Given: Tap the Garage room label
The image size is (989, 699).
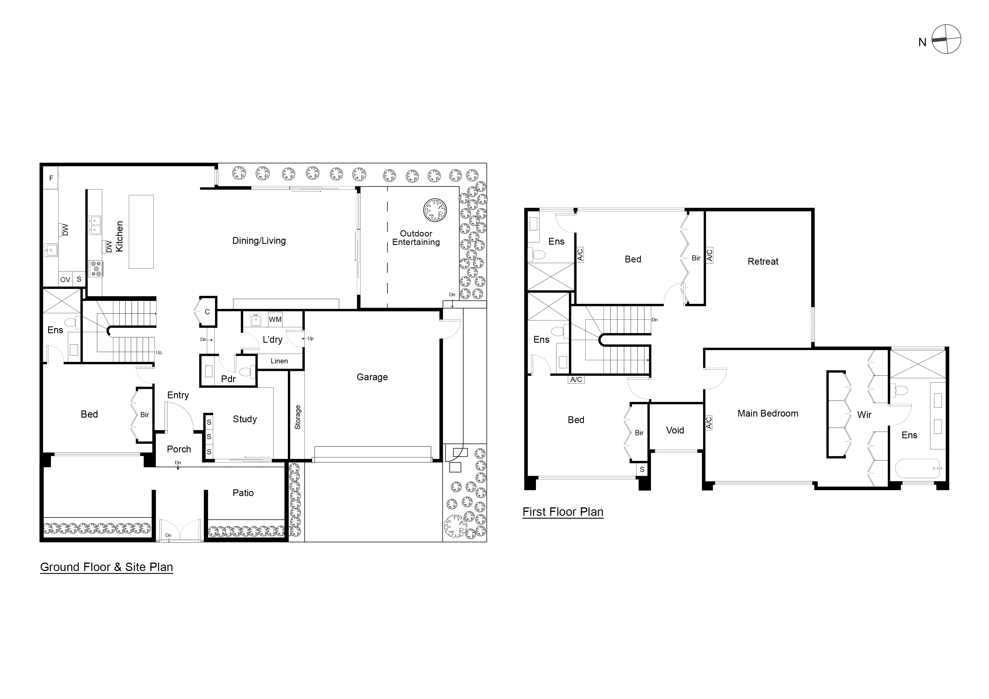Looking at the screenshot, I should tap(372, 377).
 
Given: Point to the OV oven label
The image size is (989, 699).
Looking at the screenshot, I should tap(65, 280).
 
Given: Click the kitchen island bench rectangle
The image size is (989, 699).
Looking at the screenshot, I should tap(141, 232).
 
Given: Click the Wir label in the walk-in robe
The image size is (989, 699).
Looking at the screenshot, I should tap(864, 415).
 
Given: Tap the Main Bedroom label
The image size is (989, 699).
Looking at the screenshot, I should tap(768, 413).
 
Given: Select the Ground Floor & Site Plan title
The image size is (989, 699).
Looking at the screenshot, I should tap(106, 567).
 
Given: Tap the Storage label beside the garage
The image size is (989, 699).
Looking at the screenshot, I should tap(297, 417).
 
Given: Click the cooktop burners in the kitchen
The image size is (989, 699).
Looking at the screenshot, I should tap(96, 269).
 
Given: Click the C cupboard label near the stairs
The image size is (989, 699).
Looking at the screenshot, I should tap(207, 312).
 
